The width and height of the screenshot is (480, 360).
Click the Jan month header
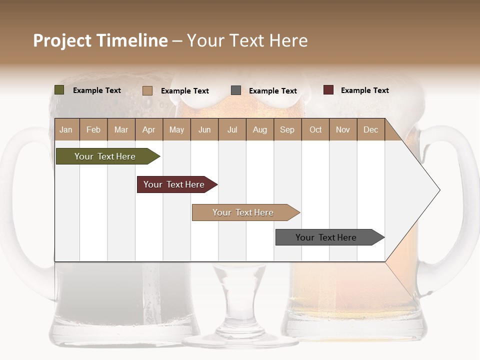coord(66,130)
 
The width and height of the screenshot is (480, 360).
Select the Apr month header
coord(148,130)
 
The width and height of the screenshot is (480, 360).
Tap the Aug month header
coord(259,130)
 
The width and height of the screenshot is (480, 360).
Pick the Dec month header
coord(370,130)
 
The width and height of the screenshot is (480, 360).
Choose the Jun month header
coord(204,130)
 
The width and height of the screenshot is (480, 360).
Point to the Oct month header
coord(315,130)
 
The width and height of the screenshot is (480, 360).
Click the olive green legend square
coord(59,90)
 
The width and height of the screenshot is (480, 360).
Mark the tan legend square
coord(147,90)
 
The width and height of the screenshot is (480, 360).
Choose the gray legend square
coord(235,90)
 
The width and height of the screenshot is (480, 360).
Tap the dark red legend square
coord(328,90)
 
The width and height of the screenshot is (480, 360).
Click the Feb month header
coord(93,130)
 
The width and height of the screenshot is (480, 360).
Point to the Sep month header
coord(287,130)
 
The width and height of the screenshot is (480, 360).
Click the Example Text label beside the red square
coord(364,90)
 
